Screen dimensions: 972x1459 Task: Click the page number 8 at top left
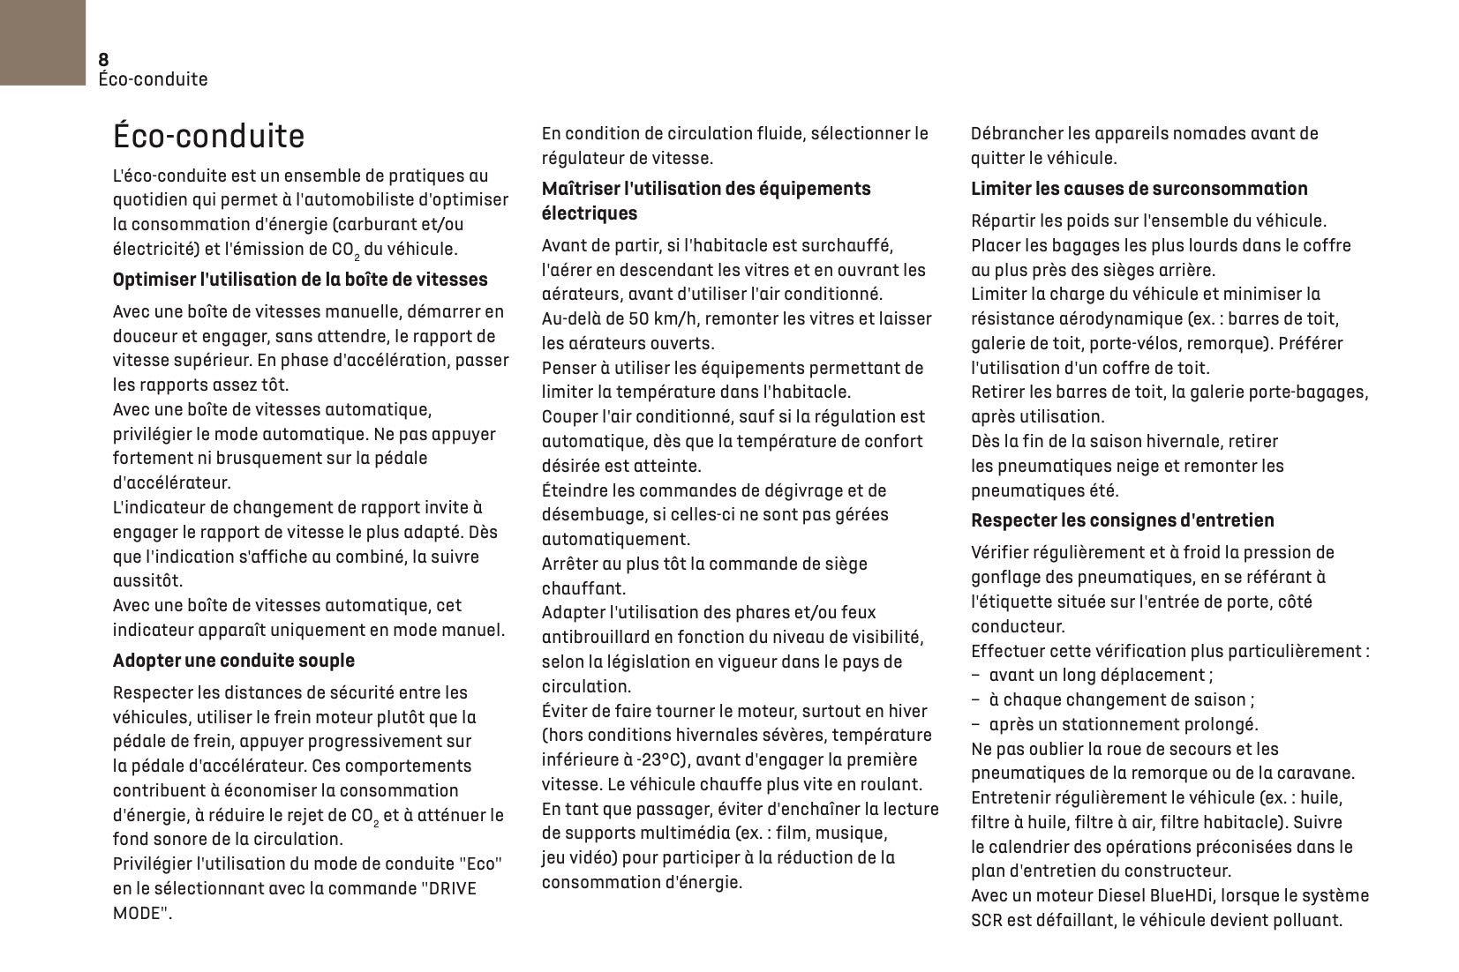click(103, 59)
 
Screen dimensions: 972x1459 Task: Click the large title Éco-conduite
click(208, 137)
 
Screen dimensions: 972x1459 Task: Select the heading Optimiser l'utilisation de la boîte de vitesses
click(300, 280)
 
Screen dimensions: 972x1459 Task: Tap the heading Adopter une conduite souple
click(234, 661)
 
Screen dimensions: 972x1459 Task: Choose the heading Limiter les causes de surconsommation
click(1139, 189)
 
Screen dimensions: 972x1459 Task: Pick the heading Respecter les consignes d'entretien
click(1122, 520)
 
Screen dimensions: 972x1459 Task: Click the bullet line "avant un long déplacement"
click(1100, 676)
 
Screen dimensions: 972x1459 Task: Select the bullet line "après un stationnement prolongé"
click(1123, 725)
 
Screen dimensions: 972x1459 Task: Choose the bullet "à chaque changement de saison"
click(1121, 700)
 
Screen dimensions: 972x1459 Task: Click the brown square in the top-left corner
click(42, 42)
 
